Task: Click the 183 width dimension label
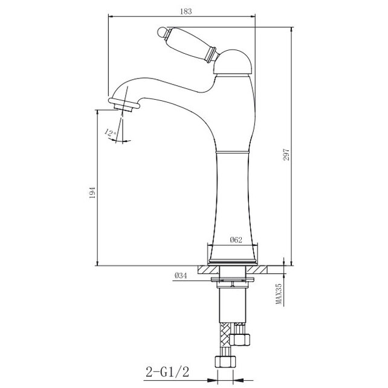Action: (186, 11)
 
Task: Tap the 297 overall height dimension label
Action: (286, 155)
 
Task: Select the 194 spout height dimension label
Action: (92, 193)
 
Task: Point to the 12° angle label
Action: (110, 132)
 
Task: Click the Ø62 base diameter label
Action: (236, 240)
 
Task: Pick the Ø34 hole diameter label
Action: (181, 276)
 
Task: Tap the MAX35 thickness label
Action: (279, 294)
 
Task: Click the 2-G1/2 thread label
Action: (167, 372)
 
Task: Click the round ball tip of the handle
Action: (162, 33)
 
